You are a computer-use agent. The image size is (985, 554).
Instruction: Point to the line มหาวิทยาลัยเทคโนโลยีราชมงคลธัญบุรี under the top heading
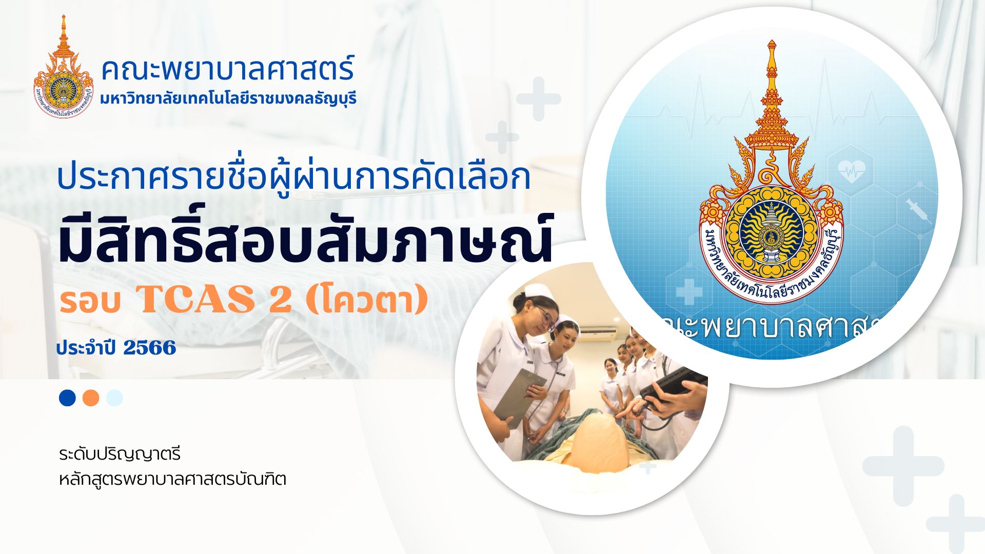point(228,98)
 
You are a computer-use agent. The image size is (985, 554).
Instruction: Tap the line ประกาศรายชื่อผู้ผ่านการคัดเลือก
point(293,177)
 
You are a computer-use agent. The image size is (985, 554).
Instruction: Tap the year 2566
point(149,348)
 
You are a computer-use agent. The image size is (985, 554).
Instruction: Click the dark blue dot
point(67,398)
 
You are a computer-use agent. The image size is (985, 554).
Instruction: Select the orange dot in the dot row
point(91,398)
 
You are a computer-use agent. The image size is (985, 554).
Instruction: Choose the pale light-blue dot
point(114,398)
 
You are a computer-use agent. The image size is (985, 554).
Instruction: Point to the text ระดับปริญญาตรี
point(120,454)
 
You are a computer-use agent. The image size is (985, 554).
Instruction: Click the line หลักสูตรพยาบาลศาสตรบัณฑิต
point(172,480)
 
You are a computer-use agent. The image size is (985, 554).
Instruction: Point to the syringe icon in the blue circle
point(918,210)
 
